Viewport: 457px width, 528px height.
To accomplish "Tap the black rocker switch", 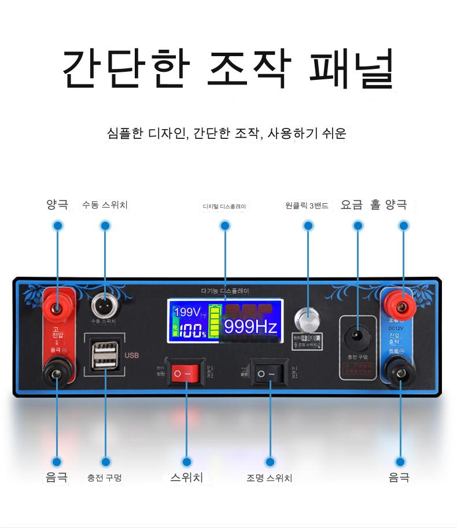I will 270,373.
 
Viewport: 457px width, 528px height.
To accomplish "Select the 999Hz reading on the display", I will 250,327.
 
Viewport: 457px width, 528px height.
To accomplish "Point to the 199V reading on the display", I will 186,313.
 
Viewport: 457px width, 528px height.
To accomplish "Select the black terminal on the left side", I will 57,373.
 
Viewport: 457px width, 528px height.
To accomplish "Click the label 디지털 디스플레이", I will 224,206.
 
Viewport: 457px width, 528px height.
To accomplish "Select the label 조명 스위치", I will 270,478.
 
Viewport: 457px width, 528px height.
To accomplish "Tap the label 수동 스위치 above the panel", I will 105,205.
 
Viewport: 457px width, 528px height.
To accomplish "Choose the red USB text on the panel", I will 132,355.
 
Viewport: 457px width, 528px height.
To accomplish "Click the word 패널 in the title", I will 352,68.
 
